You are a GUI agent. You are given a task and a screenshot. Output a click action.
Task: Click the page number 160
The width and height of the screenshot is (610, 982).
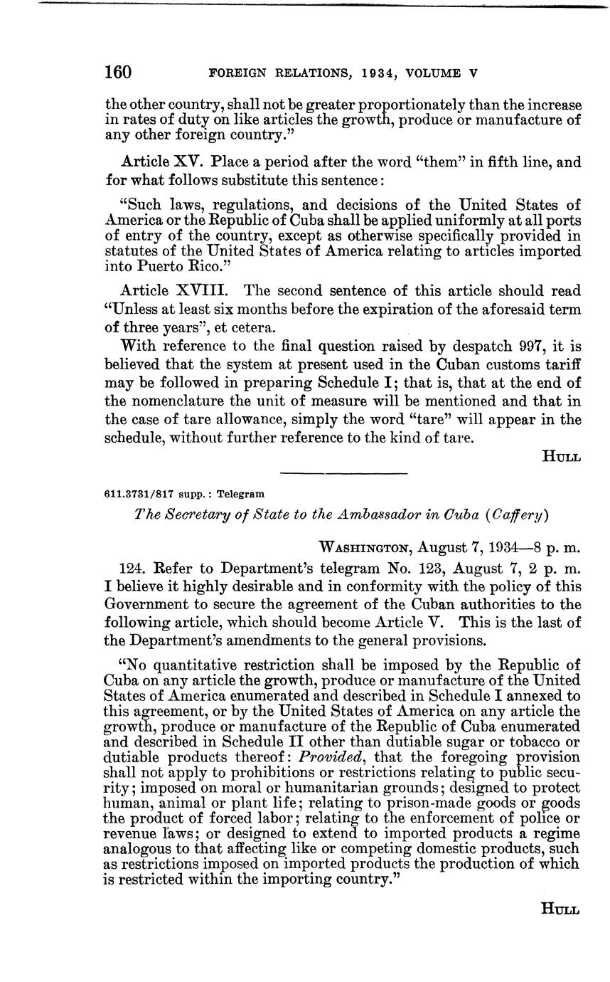tap(118, 73)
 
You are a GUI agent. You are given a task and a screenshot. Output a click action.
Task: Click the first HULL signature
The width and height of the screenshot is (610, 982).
tap(562, 457)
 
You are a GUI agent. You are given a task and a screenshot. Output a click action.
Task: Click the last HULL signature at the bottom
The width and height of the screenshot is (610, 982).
tap(562, 909)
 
